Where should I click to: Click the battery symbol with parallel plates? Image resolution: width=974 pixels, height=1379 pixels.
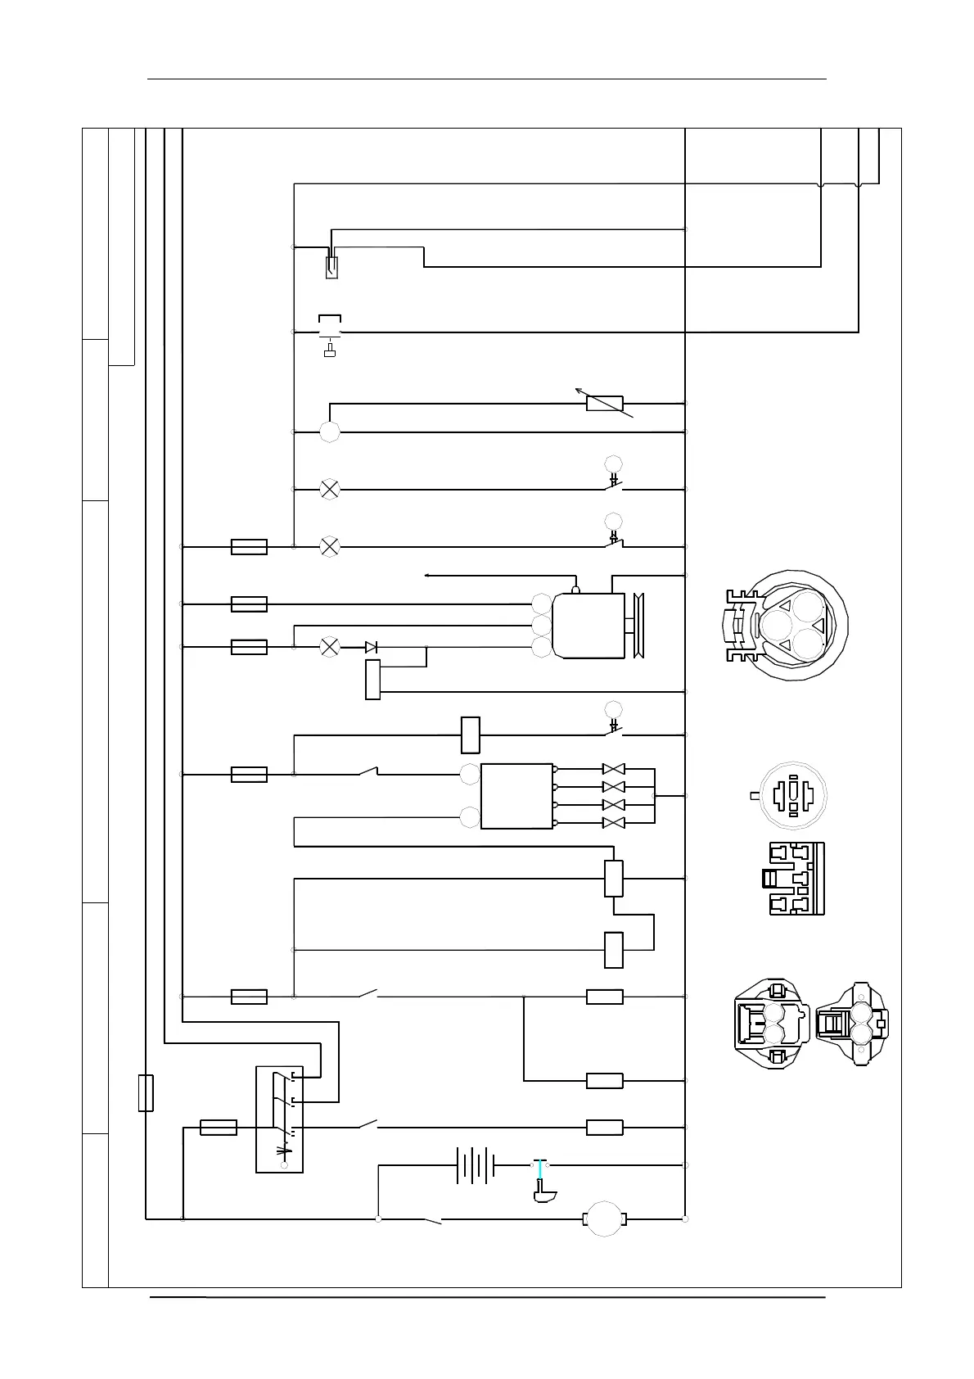point(476,1164)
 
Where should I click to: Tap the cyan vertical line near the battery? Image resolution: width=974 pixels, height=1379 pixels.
point(539,1176)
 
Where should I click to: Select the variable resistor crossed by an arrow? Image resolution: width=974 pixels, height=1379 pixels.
point(605,403)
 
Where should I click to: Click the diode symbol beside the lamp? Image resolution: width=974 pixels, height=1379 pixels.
point(372,647)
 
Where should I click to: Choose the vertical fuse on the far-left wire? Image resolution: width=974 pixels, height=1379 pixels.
point(146,1093)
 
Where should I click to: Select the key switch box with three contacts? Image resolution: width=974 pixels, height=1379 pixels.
point(279,1119)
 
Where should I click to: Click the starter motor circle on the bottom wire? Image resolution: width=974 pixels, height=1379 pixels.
point(604,1219)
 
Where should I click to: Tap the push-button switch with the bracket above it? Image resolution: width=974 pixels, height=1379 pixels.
point(330,332)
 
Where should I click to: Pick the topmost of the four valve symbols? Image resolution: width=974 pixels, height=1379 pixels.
point(613,770)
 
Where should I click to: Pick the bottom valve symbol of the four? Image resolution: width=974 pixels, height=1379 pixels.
point(613,822)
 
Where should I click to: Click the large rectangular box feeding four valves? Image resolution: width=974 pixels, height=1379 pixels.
point(516,796)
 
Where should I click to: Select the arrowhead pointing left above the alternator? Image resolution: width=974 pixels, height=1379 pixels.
point(428,576)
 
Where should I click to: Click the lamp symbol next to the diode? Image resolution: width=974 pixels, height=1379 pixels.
point(330,647)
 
